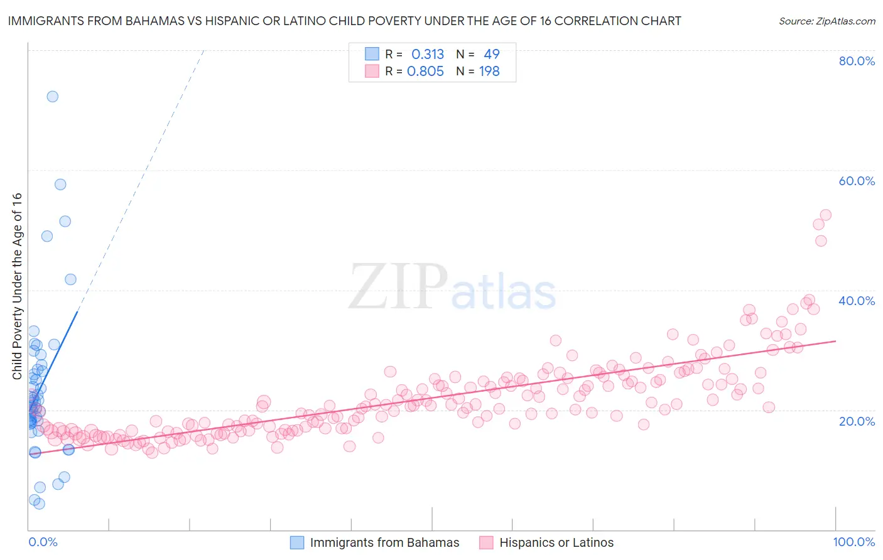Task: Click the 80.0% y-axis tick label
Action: tap(857, 61)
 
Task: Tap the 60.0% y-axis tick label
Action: tap(857, 181)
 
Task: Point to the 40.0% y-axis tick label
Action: tap(857, 301)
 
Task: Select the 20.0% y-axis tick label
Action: tap(857, 421)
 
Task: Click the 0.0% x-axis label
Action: tap(43, 542)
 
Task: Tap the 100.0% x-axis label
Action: tap(853, 542)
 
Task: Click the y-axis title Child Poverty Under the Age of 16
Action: tap(18, 286)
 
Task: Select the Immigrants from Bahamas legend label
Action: tap(384, 542)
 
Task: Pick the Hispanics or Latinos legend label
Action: tap(556, 542)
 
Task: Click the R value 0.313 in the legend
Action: tap(428, 55)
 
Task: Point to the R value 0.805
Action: tap(425, 72)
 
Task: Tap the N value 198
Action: tap(489, 72)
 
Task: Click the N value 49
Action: tap(491, 55)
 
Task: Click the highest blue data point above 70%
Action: tap(53, 97)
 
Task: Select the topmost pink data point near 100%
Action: tap(826, 215)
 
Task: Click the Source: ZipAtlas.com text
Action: tap(826, 21)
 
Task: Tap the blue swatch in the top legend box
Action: tap(372, 54)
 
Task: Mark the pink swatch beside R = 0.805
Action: tap(372, 71)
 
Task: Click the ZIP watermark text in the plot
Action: tap(398, 286)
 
